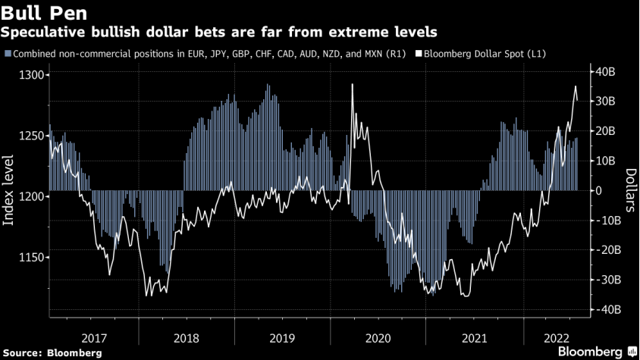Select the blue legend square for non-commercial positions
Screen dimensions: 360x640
(8, 54)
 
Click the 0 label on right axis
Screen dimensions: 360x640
(600, 190)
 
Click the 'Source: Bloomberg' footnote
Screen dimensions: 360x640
(52, 352)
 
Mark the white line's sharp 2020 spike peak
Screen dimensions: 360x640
(353, 84)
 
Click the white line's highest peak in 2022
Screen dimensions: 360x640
(575, 86)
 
